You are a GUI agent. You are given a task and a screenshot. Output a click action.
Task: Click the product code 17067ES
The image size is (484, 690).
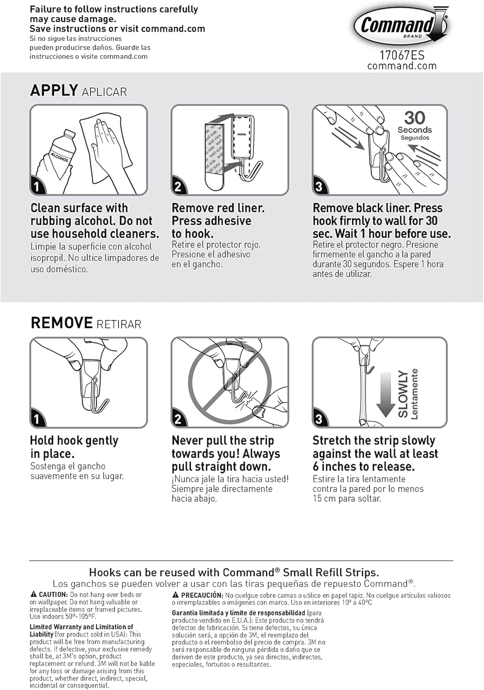pyautogui.click(x=402, y=55)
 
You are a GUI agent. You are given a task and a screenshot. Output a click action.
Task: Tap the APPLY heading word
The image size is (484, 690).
pyautogui.click(x=54, y=90)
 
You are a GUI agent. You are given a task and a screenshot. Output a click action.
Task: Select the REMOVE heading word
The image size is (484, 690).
pyautogui.click(x=62, y=323)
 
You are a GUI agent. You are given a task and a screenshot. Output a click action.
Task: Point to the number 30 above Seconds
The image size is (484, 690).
pyautogui.click(x=414, y=118)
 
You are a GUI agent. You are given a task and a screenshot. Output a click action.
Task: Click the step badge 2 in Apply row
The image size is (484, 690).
pyautogui.click(x=178, y=187)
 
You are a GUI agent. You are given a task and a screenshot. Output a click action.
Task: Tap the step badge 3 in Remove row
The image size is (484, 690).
pyautogui.click(x=319, y=420)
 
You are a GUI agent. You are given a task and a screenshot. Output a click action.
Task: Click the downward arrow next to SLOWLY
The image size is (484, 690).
pyautogui.click(x=385, y=393)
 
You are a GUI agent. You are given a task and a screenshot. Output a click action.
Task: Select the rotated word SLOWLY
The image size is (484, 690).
pyautogui.click(x=403, y=394)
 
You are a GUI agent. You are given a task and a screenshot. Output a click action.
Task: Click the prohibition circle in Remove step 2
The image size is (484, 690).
pyautogui.click(x=229, y=382)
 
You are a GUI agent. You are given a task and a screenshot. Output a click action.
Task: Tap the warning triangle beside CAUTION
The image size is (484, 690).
pyautogui.click(x=34, y=594)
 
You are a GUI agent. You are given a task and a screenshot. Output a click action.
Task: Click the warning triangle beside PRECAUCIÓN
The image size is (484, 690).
pyautogui.click(x=175, y=595)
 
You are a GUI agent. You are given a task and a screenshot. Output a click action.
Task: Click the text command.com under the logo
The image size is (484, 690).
pyautogui.click(x=402, y=66)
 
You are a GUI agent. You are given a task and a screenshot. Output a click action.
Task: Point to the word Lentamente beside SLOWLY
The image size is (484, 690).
pyautogui.click(x=414, y=394)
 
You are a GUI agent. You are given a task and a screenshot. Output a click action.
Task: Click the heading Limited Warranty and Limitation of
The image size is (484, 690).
pyautogui.click(x=81, y=627)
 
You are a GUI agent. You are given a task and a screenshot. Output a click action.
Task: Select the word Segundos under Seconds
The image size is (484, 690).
pyautogui.click(x=414, y=138)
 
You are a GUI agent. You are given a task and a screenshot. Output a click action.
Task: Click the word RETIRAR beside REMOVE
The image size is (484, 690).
pyautogui.click(x=119, y=324)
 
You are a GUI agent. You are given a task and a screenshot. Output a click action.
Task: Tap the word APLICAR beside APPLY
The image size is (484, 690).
pyautogui.click(x=104, y=92)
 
